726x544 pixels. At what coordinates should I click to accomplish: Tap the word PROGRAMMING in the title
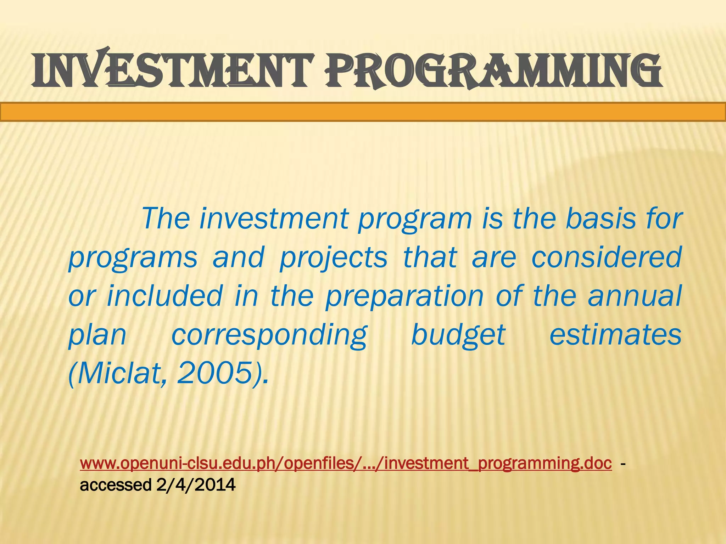point(493,71)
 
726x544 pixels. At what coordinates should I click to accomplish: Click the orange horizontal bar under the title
point(363,112)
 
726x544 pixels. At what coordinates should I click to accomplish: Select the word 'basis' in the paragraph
point(601,219)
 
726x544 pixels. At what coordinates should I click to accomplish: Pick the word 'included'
point(164,296)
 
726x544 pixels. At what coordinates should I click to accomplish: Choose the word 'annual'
point(634,296)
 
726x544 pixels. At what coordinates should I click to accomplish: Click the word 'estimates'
point(615,335)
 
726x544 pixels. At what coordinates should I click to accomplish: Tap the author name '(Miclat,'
point(117,373)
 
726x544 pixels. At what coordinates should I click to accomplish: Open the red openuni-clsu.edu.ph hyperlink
point(346,463)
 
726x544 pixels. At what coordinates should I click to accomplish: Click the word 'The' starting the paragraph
point(166,219)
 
